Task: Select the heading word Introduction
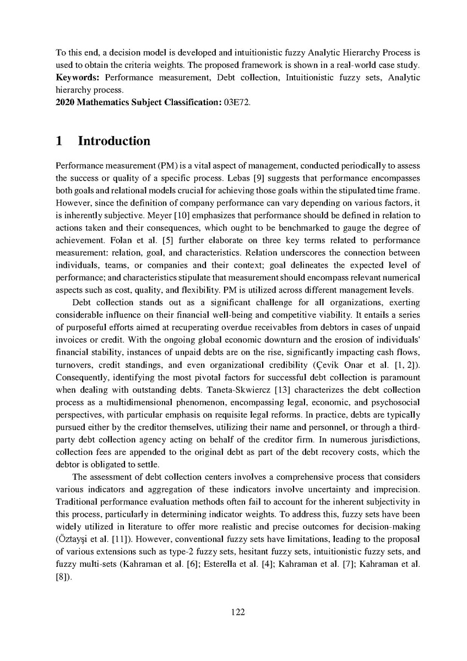pyautogui.click(x=114, y=141)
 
